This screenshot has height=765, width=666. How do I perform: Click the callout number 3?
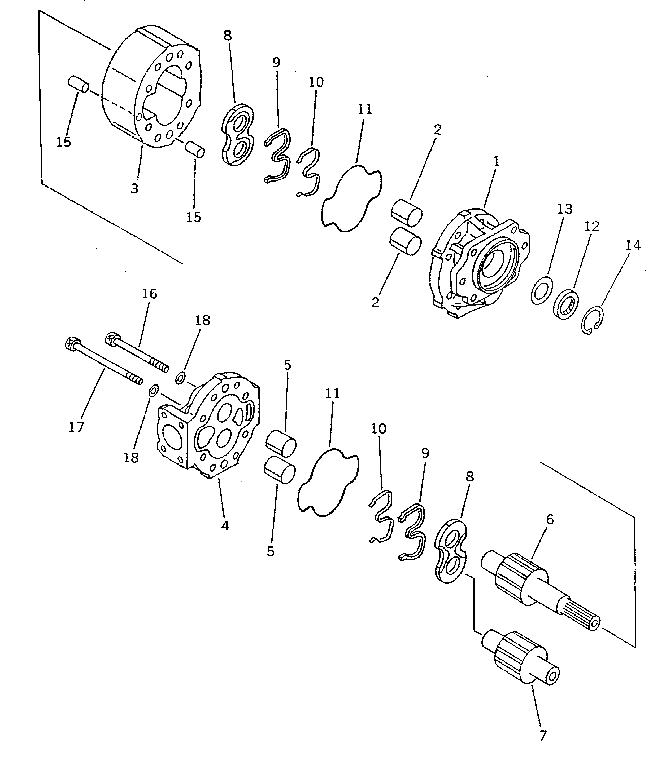(134, 189)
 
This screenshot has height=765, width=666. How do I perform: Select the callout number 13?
(564, 209)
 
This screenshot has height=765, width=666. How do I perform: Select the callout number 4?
(225, 525)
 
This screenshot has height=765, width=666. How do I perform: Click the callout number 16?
(149, 294)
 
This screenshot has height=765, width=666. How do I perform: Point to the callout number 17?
(76, 427)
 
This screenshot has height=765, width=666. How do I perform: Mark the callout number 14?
(633, 245)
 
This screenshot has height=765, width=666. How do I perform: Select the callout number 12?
(592, 226)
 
